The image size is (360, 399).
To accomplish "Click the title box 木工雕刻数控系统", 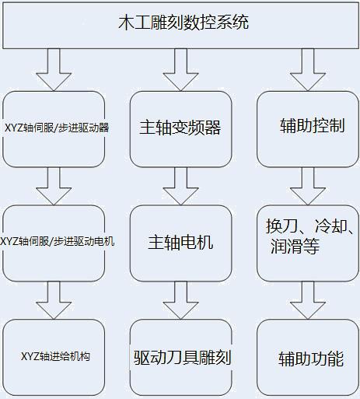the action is (x=180, y=26).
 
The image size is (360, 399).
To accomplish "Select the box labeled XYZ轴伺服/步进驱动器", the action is (x=54, y=129).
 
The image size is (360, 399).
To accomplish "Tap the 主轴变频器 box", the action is (x=180, y=129).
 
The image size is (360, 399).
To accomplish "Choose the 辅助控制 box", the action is (x=308, y=129).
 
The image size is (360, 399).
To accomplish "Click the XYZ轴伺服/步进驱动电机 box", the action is (x=54, y=243).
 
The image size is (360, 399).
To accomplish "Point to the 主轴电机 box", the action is (x=180, y=243).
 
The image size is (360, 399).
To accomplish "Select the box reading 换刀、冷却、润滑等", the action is (x=308, y=243).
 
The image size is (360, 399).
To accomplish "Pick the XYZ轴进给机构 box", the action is (x=54, y=358).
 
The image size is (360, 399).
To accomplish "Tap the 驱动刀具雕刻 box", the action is (x=180, y=358).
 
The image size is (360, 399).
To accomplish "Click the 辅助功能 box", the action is (x=308, y=358).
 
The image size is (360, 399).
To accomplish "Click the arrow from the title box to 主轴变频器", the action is (x=180, y=70).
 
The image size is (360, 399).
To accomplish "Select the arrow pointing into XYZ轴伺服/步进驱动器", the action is (x=54, y=70).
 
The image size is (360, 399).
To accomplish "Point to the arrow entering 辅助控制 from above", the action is (x=308, y=70).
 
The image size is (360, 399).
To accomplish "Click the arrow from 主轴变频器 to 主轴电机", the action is (x=180, y=186).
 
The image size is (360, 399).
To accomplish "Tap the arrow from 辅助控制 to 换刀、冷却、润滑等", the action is (x=308, y=186).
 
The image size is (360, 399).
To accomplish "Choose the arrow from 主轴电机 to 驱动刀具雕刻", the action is (x=180, y=300).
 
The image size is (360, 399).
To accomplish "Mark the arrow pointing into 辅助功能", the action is (x=308, y=300).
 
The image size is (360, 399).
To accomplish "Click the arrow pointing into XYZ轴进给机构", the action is (x=54, y=300).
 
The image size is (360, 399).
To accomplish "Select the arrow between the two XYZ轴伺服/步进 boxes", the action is (x=54, y=186).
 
